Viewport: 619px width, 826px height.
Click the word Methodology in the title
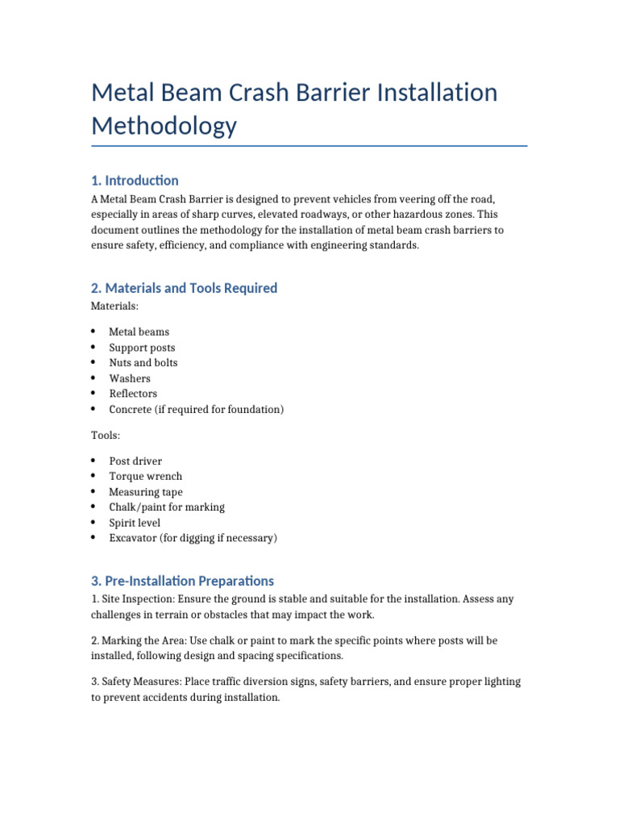(x=164, y=127)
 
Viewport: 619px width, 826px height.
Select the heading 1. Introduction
(x=135, y=180)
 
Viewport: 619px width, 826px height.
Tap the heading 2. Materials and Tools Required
(x=184, y=288)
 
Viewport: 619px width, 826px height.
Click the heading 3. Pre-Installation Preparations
(x=182, y=581)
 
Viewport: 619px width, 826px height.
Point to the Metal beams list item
(x=139, y=332)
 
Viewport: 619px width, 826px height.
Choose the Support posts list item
(x=142, y=348)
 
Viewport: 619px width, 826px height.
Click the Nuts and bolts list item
(x=143, y=363)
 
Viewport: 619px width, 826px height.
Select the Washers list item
(x=130, y=378)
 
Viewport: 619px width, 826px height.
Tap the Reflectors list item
(x=133, y=394)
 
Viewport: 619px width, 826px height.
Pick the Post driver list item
(x=135, y=461)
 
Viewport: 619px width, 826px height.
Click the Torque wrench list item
(x=146, y=477)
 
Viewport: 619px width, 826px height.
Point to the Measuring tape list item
(x=146, y=492)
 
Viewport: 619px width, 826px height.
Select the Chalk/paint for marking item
(x=167, y=507)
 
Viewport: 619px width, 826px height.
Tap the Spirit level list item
(x=135, y=523)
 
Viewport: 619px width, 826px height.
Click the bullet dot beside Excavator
(x=93, y=538)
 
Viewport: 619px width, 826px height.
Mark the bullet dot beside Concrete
(x=93, y=409)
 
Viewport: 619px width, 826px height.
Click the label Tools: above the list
(x=106, y=436)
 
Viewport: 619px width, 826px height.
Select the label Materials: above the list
(x=114, y=307)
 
